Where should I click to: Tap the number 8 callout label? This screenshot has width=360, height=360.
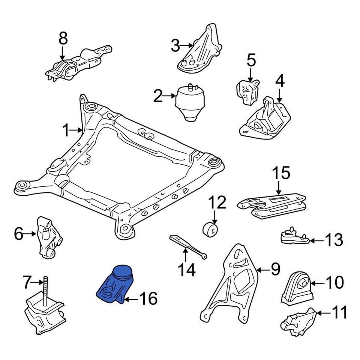pyautogui.click(x=63, y=38)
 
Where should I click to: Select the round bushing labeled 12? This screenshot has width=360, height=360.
pyautogui.click(x=211, y=229)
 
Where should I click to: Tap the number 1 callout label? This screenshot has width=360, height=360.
pyautogui.click(x=66, y=130)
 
